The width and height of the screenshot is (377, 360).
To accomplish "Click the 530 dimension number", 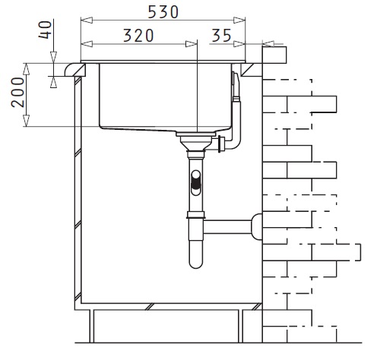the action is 163,12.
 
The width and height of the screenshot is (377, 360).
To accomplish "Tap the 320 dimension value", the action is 138,36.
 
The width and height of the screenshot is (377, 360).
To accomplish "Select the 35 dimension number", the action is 221,36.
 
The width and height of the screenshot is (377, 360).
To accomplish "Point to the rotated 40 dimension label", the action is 46,30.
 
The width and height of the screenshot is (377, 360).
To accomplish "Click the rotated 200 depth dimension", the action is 18,93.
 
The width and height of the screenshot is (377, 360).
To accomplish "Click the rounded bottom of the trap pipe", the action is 196,262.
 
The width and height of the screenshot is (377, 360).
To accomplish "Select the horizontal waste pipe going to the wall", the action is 227,226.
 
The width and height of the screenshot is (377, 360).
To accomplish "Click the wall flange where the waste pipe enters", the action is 257,226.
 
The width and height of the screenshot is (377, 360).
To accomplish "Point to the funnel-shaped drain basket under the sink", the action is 196,144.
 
